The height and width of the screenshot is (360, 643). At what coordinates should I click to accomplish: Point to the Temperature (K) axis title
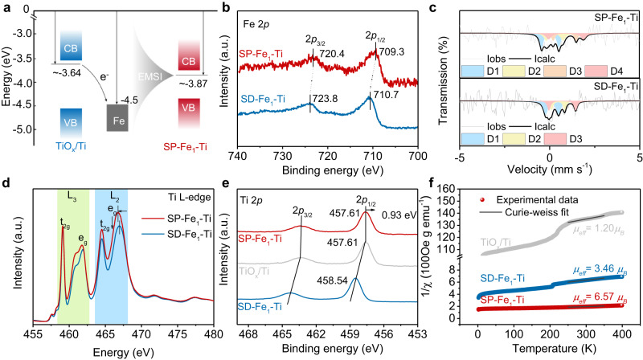[x=550, y=349]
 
